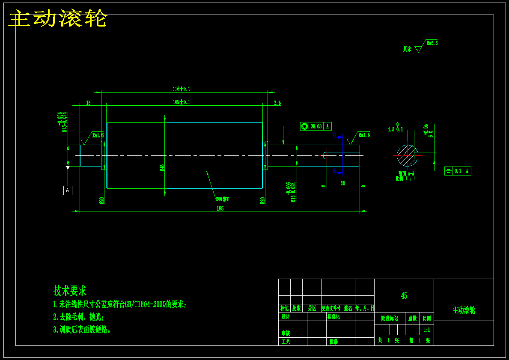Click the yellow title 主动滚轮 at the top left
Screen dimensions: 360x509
[58, 19]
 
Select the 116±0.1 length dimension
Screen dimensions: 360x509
[181, 89]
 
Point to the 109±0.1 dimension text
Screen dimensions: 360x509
[181, 102]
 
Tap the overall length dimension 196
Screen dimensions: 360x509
[220, 208]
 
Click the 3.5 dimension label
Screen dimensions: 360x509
[277, 103]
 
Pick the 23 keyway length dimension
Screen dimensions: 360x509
[342, 183]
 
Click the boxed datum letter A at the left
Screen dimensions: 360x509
[68, 190]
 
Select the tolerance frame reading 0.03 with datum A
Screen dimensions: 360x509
[316, 126]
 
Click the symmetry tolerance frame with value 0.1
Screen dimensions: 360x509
[458, 171]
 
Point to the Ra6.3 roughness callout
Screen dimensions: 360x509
[432, 43]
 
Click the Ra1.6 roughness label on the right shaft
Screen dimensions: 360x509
[364, 135]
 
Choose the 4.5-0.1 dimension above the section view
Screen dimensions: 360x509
[395, 129]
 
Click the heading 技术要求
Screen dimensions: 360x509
[70, 291]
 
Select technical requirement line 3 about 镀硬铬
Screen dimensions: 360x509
[82, 330]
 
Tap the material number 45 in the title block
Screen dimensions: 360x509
[404, 296]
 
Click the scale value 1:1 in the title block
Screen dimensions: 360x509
[427, 330]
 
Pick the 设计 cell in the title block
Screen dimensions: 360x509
[285, 317]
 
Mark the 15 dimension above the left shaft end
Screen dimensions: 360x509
[88, 103]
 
